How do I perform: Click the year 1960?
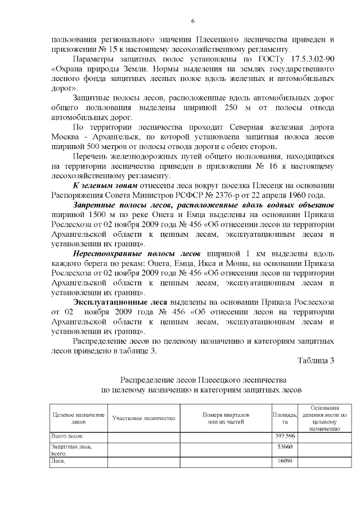click(303, 196)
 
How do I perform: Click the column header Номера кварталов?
click(226, 415)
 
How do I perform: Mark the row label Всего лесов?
click(67, 436)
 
